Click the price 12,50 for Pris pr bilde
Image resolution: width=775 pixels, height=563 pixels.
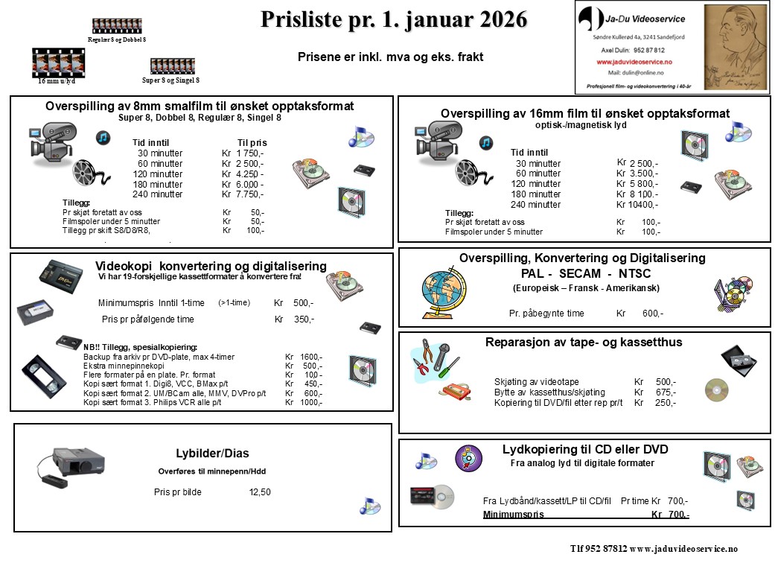(x=260, y=492)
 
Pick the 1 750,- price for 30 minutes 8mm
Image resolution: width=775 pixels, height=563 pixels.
(x=249, y=153)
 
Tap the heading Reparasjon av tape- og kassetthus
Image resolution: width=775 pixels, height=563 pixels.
(x=584, y=343)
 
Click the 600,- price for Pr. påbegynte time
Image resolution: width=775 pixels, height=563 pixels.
(x=652, y=314)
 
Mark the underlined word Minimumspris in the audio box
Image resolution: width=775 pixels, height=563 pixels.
(x=513, y=515)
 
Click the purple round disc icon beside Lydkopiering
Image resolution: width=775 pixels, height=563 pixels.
(x=469, y=458)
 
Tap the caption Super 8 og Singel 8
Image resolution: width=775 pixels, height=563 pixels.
(x=171, y=80)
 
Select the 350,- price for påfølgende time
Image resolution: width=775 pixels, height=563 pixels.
(x=303, y=319)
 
